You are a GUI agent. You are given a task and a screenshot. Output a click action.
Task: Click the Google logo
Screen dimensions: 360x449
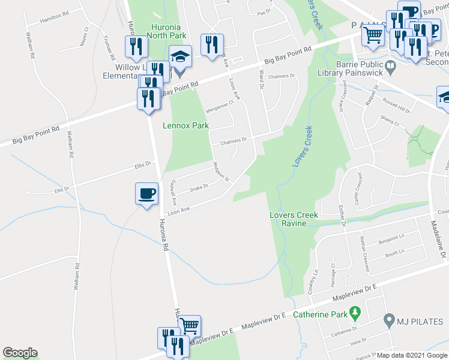tap(20, 353)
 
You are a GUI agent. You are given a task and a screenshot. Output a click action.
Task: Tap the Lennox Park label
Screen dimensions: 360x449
tap(185, 126)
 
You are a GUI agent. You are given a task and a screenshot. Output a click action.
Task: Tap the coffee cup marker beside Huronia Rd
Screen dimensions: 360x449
tap(146, 194)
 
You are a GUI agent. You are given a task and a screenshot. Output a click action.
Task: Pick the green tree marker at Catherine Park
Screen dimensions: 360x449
tap(355, 311)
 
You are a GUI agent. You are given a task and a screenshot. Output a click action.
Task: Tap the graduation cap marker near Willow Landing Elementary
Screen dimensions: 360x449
tap(179, 58)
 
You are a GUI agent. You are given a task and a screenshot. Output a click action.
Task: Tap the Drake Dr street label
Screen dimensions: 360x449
tap(199, 187)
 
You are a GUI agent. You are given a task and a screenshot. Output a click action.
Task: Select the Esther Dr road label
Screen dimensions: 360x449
tap(343, 214)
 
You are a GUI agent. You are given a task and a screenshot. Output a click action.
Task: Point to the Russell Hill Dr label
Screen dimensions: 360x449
tap(398, 106)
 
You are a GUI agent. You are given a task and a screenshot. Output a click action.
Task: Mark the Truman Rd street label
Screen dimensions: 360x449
tap(109, 48)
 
